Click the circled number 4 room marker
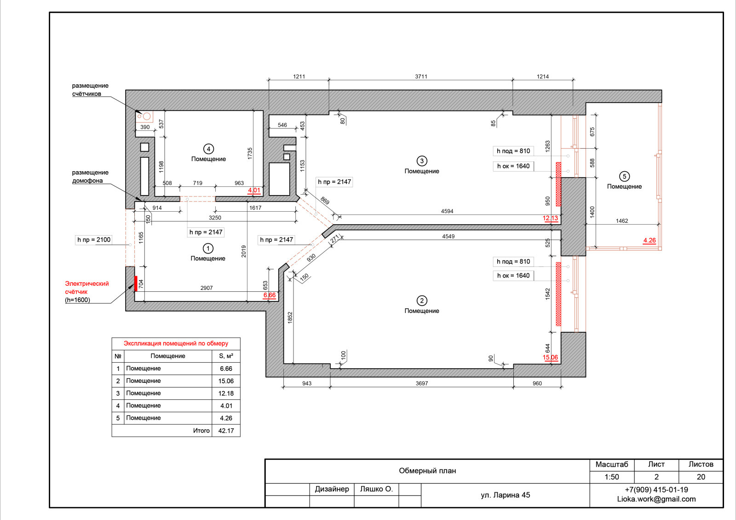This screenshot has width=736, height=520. click(x=208, y=149)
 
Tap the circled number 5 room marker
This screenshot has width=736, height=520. click(x=624, y=177)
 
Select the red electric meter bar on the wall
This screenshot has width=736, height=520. click(x=136, y=283)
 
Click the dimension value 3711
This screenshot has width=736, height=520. click(x=421, y=76)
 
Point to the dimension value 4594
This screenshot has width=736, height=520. click(x=447, y=211)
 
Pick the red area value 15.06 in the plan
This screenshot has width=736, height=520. click(x=550, y=357)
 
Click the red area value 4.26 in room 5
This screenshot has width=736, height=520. click(x=649, y=240)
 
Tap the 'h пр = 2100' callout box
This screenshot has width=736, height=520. click(x=94, y=240)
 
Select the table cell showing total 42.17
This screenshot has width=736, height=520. click(x=226, y=431)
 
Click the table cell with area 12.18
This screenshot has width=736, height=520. click(x=226, y=393)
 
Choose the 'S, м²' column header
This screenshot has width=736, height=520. click(x=226, y=356)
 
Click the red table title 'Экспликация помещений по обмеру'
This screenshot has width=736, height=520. click(x=176, y=343)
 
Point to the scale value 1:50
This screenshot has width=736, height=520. click(x=611, y=477)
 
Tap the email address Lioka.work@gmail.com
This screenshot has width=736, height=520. click(x=656, y=499)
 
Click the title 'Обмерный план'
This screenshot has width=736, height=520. click(x=427, y=471)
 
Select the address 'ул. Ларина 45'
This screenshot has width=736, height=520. click(x=506, y=495)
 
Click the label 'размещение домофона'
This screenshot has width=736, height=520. click(x=90, y=177)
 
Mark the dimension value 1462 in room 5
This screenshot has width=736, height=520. click(x=621, y=221)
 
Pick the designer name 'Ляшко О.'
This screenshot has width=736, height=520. click(x=376, y=489)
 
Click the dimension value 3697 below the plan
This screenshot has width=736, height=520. click(x=421, y=383)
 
